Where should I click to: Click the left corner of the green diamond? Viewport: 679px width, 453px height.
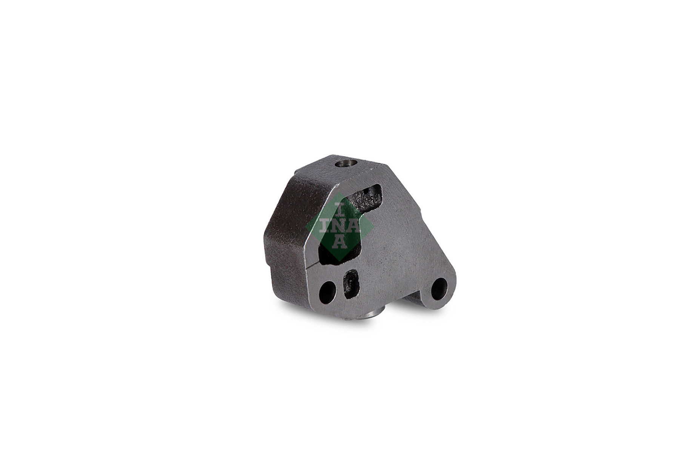[306, 227]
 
